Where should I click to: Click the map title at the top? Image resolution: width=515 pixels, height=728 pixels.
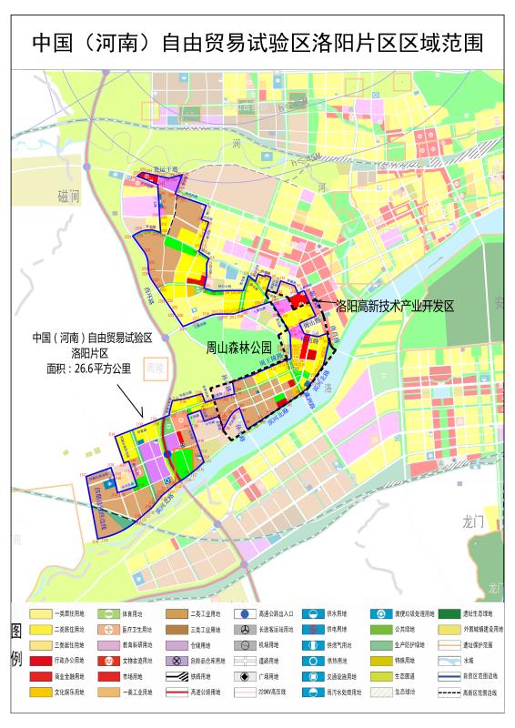point(257,43)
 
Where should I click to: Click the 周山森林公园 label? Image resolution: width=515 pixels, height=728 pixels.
point(239,347)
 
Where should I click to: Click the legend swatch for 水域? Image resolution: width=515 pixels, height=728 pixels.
point(450,661)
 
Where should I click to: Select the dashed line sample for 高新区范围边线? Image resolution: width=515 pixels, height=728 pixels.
point(450,693)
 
